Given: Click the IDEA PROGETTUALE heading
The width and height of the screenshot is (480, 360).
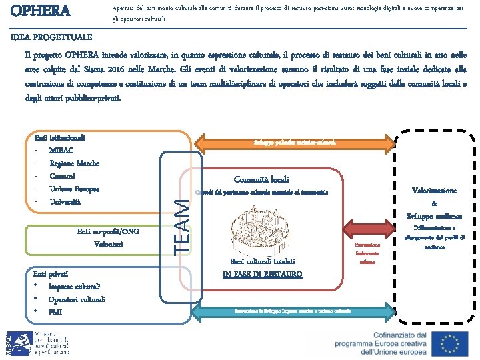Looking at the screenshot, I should pyautogui.click(x=51, y=37).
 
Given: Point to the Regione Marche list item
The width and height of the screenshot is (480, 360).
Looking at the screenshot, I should pyautogui.click(x=74, y=163).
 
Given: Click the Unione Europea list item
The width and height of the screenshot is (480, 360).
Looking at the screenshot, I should pyautogui.click(x=74, y=189).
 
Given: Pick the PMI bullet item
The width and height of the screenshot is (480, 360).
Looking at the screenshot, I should pyautogui.click(x=55, y=311).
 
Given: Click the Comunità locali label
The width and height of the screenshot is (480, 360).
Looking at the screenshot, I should pyautogui.click(x=261, y=179).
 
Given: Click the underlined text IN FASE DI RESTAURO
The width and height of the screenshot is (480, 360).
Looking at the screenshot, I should pyautogui.click(x=261, y=274).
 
